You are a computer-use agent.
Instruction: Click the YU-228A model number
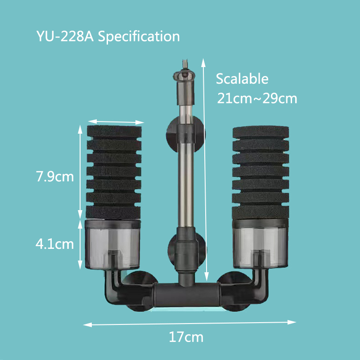pos(64,36)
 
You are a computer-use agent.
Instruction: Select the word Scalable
pos(242,79)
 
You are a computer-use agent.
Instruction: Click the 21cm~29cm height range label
pos(257,98)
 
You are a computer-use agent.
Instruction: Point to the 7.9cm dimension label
pos(54,176)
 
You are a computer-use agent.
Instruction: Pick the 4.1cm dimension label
pos(54,244)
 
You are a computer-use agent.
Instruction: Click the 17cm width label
pos(186,337)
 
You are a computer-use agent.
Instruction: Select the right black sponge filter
pos(260,171)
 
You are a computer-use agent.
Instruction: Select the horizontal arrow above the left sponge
pos(116,121)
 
